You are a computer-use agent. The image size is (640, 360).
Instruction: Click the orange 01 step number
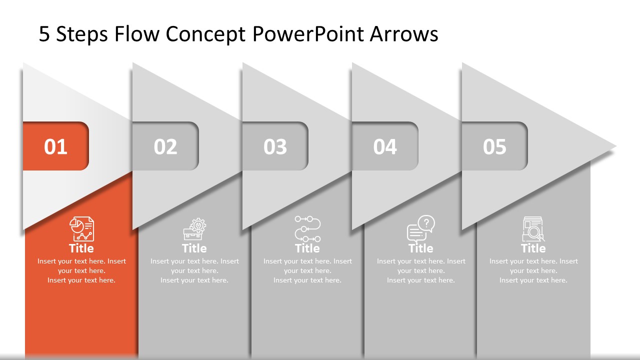[55, 146]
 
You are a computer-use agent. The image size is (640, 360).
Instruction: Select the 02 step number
[165, 146]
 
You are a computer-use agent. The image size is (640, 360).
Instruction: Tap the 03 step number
[275, 146]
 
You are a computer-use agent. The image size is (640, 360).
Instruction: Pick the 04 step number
[385, 146]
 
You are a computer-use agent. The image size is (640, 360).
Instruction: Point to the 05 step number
[494, 146]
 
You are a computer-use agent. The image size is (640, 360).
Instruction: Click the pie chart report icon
[81, 229]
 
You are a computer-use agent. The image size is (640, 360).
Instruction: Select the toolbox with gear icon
[194, 229]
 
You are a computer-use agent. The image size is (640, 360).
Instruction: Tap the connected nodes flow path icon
[307, 229]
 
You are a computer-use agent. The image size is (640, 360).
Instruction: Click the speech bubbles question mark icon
[420, 229]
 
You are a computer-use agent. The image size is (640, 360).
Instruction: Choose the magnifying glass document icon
[533, 229]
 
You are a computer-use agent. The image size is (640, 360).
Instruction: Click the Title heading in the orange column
[81, 248]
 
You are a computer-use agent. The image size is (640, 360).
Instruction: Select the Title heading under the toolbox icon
[194, 248]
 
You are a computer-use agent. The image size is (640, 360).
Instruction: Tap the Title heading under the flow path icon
[307, 248]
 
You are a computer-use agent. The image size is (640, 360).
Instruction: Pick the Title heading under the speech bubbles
[420, 248]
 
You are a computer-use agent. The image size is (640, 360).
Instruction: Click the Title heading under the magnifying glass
[533, 248]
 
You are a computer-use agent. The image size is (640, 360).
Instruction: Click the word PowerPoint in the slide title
[308, 34]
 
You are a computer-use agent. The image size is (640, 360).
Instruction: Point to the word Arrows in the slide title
[404, 34]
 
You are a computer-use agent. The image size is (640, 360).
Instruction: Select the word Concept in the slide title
[206, 34]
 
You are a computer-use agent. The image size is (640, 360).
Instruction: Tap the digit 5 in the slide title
[44, 34]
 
